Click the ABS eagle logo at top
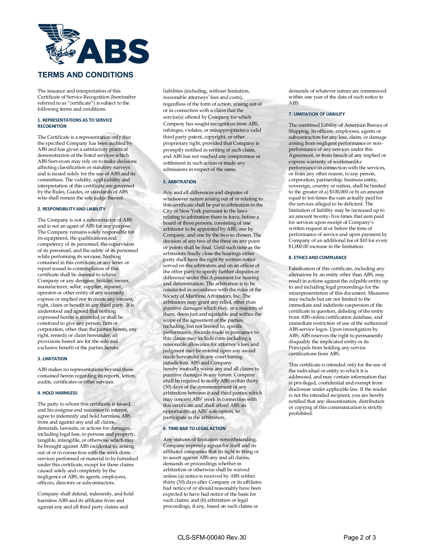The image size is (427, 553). (93, 44)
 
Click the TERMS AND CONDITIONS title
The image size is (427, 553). (85, 75)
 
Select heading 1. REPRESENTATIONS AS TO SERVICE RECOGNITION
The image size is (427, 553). (75, 123)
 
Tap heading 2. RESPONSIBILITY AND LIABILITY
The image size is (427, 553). (71, 209)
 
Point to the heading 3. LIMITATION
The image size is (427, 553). (52, 359)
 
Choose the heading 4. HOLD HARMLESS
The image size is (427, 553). (57, 393)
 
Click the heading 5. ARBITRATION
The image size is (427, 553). (180, 182)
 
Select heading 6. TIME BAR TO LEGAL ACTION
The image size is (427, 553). (194, 428)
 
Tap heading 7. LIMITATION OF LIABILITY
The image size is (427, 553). (316, 114)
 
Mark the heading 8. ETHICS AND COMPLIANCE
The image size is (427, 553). (317, 257)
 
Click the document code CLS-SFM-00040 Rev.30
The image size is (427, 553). (212, 538)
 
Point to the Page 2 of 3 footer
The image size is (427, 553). (359, 538)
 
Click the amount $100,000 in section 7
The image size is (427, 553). (340, 192)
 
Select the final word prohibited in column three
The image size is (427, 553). (300, 414)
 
